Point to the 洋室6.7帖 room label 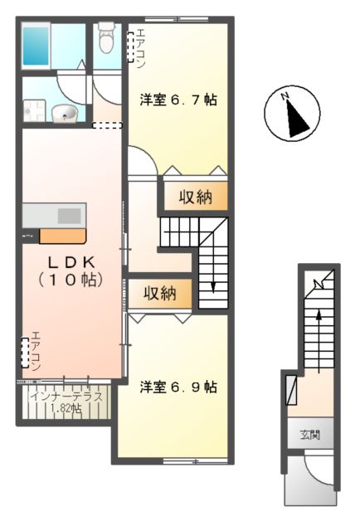(178, 100)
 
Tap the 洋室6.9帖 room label (178, 387)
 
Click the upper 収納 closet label (194, 197)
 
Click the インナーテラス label (65, 396)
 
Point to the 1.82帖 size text (65, 408)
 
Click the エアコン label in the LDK (36, 351)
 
